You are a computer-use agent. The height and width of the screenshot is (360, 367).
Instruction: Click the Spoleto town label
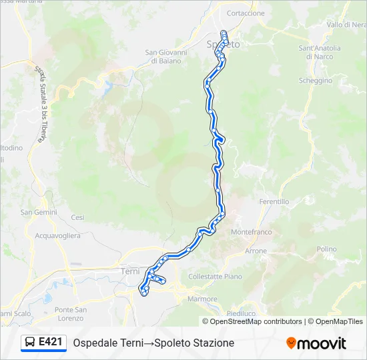pos(223,44)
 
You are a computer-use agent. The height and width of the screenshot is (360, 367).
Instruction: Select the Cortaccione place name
pos(246,13)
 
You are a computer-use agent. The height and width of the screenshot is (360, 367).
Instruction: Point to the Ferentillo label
pos(274,201)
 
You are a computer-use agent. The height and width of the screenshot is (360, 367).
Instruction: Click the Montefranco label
pos(251,232)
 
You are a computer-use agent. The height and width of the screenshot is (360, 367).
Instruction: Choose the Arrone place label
pos(256,251)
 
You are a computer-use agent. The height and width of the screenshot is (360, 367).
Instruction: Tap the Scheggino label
pos(316,80)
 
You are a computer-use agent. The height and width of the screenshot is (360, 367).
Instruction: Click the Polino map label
pos(326,249)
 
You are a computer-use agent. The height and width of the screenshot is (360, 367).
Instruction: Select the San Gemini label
pos(39,213)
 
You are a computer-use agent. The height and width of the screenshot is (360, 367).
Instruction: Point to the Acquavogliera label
pos(57,235)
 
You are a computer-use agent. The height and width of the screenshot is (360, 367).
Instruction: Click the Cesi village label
pos(78,217)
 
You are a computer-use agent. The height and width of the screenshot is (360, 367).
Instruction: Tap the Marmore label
pos(203,299)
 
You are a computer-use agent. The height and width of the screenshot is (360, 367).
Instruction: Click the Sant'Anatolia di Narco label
pos(320,52)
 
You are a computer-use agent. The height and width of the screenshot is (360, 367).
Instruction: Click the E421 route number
pos(51,342)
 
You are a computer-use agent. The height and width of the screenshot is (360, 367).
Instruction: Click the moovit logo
pos(316,343)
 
